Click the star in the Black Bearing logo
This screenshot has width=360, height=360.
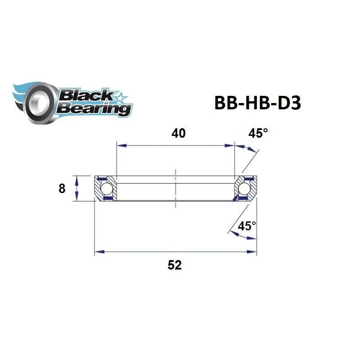tap(121, 96)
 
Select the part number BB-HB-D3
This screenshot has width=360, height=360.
tap(257, 103)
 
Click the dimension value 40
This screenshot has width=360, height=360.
tap(179, 133)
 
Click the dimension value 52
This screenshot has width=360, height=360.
tap(175, 265)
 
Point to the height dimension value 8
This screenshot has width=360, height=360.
tap(62, 189)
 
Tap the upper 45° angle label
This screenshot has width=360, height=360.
tap(258, 133)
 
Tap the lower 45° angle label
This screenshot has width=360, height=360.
tap(247, 226)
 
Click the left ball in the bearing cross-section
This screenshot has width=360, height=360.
tap(107, 188)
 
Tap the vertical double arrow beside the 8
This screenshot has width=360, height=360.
tap(77, 188)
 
